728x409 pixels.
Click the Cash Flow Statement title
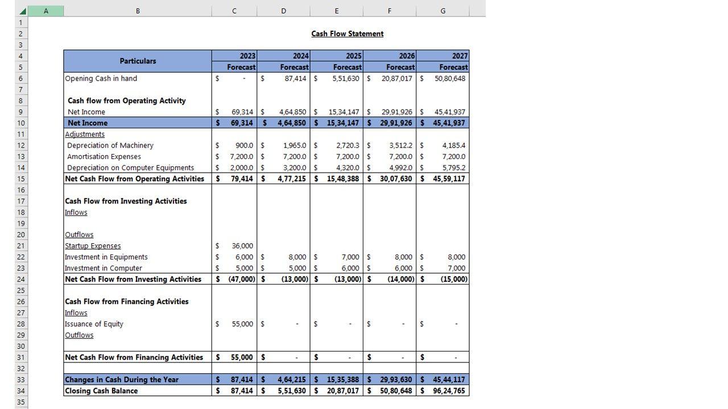(347, 34)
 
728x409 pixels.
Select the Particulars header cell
(138, 61)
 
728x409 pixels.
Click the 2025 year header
(353, 56)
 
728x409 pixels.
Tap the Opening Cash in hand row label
(101, 78)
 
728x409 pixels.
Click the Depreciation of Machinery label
(110, 145)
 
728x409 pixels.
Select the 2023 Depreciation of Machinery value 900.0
(244, 145)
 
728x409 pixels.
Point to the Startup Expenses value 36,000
(242, 246)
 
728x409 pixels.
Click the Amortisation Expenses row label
(104, 156)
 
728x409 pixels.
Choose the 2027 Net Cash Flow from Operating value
(449, 178)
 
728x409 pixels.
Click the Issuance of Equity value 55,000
(242, 324)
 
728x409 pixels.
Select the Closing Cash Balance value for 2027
(449, 391)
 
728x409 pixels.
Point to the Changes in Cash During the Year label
(122, 379)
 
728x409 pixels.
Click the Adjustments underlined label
(85, 134)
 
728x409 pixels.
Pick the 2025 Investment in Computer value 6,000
(350, 268)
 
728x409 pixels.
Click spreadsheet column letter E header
(337, 11)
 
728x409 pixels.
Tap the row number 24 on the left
(21, 279)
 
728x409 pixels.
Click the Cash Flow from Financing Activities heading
(127, 302)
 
